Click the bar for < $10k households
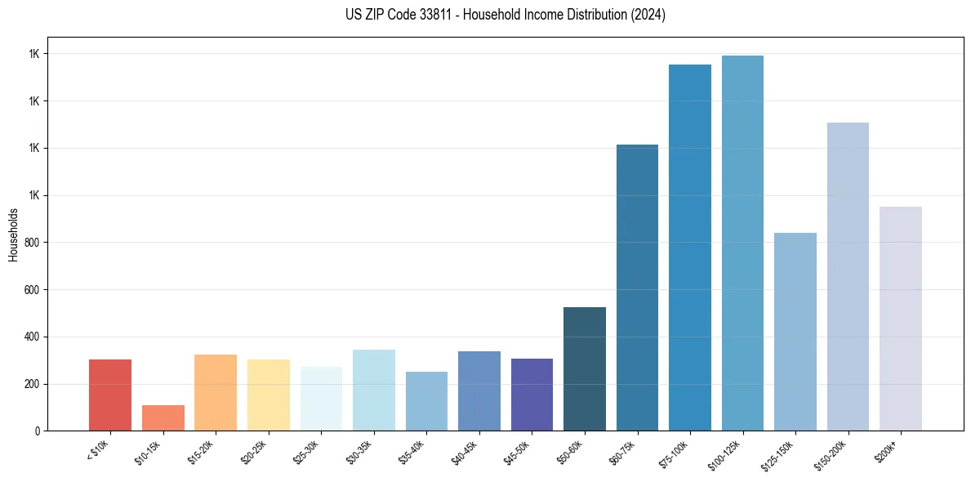(x=110, y=395)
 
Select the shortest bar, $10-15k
(x=163, y=417)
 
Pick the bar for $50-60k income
(x=585, y=368)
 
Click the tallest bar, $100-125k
(x=742, y=243)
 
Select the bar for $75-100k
(x=690, y=248)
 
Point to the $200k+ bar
(x=901, y=319)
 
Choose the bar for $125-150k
(x=795, y=332)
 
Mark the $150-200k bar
(x=848, y=276)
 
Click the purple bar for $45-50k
(x=532, y=395)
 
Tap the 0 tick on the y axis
(x=38, y=431)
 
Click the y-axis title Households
(x=13, y=234)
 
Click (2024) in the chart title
(x=648, y=15)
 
